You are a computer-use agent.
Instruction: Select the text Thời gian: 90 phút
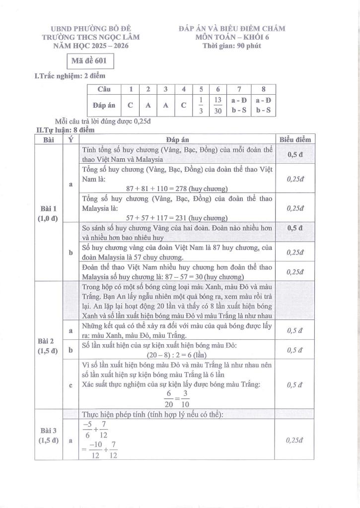coord(232,46)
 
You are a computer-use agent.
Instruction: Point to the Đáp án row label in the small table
coord(104,105)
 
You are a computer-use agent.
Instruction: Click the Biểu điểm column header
coord(295,140)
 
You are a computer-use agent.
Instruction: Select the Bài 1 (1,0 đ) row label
coord(49,213)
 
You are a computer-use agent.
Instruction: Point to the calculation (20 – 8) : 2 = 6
coord(177,355)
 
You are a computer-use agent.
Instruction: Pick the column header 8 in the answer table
coord(263,89)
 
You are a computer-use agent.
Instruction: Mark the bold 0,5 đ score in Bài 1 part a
coord(295,154)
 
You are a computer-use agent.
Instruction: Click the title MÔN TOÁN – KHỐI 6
coord(232,37)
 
